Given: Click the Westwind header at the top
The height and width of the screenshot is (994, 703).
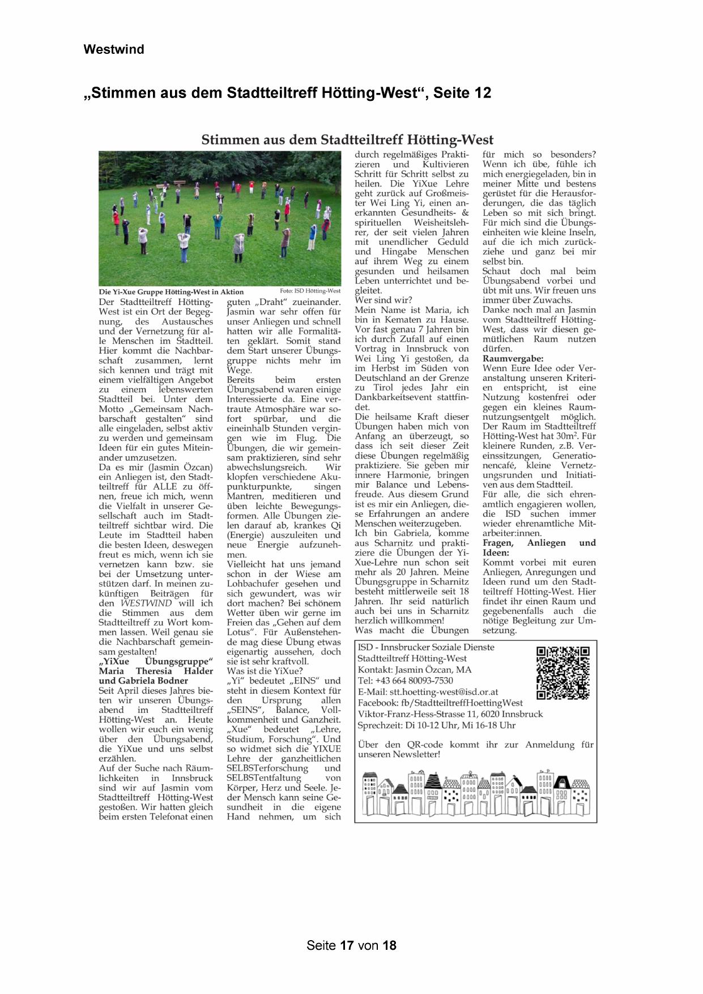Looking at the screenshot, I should click(x=114, y=49).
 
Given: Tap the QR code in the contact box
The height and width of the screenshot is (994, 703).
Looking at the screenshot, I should click(x=563, y=673).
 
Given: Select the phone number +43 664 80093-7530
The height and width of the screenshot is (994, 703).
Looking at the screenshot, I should click(x=405, y=681).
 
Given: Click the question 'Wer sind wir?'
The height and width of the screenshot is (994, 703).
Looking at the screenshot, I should click(x=384, y=300).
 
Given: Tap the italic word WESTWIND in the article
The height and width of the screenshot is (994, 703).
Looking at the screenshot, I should click(x=146, y=603).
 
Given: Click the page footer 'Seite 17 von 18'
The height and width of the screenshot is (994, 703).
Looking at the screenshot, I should click(x=351, y=945).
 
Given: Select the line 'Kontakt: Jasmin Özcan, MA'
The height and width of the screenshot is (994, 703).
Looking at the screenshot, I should click(x=414, y=669).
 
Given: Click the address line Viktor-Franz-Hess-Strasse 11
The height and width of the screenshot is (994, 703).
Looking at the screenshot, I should click(x=450, y=714).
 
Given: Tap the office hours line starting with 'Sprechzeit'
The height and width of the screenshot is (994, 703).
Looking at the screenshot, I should click(x=436, y=725).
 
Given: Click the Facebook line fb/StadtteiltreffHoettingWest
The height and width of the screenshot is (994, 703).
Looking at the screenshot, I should click(x=440, y=703).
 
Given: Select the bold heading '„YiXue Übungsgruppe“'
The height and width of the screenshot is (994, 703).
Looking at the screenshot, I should click(x=156, y=661).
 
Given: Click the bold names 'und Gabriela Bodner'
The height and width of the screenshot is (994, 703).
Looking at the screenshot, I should click(x=143, y=681).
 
